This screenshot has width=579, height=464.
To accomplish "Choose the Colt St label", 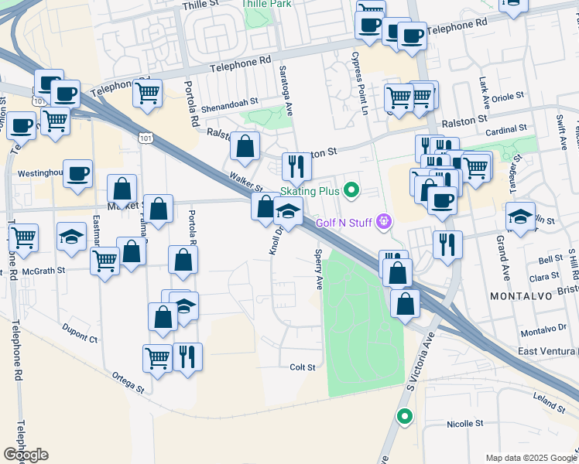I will pos(303,367).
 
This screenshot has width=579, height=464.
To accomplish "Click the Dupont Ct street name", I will pos(82,339).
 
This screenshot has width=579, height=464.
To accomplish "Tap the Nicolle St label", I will pos(465,424).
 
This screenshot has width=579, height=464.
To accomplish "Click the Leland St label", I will pos(549,402).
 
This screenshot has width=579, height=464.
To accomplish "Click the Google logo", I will pos(26,455).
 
